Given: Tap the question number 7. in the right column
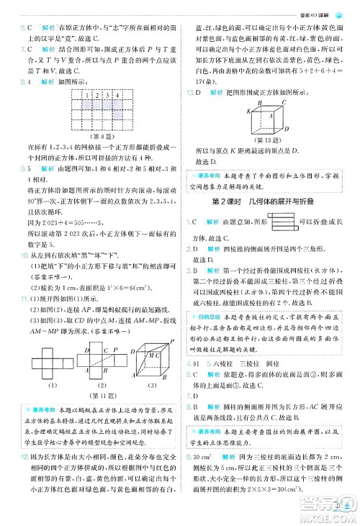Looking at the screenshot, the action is pyautogui.click(x=189, y=396).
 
